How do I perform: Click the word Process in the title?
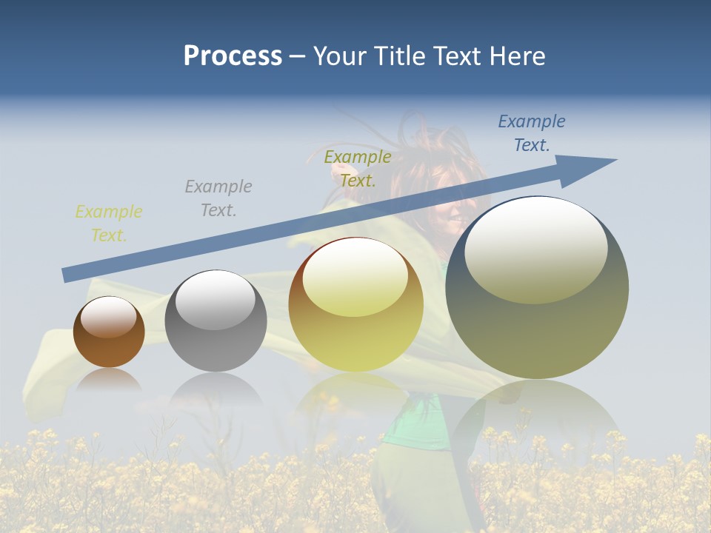[x=233, y=56]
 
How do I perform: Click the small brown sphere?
[x=109, y=332]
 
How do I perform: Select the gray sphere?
[x=216, y=321]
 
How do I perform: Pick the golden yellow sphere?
[x=356, y=305]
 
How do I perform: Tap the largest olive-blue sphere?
[x=537, y=287]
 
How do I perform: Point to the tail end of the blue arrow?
[x=67, y=275]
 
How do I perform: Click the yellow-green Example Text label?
[x=109, y=224]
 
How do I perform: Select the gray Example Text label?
[x=218, y=198]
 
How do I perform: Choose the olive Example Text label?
[x=358, y=168]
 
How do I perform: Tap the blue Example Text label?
[x=532, y=133]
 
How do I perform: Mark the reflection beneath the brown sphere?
[x=109, y=381]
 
